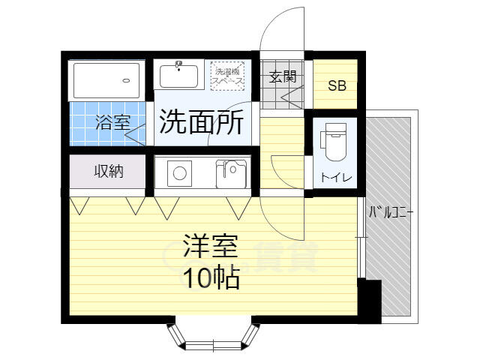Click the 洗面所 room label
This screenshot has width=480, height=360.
(202, 121)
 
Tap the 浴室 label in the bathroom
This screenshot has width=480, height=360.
(113, 122)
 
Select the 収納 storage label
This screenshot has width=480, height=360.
(109, 171)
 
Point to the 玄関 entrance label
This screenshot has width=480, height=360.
(283, 76)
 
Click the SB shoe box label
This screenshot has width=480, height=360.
(337, 85)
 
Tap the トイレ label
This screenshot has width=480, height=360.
(337, 177)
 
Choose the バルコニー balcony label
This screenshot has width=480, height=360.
(391, 211)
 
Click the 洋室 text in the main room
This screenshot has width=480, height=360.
(210, 246)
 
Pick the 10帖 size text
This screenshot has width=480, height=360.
(211, 277)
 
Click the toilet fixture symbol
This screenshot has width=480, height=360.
(334, 142)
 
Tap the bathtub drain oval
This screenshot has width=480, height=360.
(127, 81)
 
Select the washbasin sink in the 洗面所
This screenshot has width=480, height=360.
(178, 76)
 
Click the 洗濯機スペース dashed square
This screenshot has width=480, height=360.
(227, 76)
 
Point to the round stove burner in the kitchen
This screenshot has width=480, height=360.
(180, 173)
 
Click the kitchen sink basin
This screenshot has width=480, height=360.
(231, 174)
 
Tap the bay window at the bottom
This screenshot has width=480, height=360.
(213, 337)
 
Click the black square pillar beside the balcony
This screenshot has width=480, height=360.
(370, 301)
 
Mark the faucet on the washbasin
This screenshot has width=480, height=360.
(178, 65)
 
